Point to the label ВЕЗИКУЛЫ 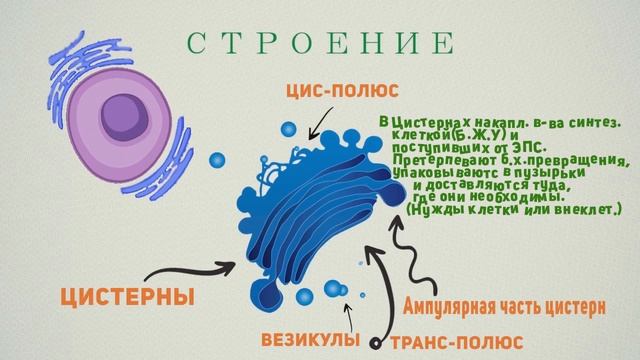(310, 338)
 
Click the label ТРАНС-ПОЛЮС (449, 341)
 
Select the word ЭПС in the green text (510, 148)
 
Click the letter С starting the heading (195, 43)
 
